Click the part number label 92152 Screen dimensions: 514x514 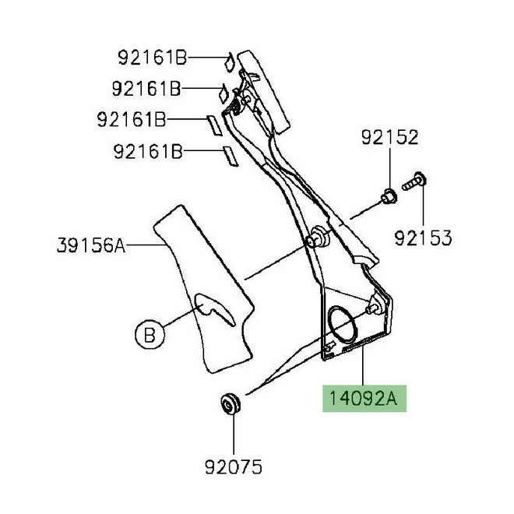click(389, 139)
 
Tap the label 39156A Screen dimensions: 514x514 click(90, 246)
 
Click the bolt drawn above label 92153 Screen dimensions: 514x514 click(414, 181)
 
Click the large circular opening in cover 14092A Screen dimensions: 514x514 click(343, 321)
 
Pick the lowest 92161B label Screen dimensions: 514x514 click(148, 152)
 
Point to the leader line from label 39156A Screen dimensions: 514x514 click(144, 246)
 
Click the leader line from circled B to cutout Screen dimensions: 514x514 click(177, 321)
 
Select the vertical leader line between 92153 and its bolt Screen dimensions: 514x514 click(423, 204)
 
